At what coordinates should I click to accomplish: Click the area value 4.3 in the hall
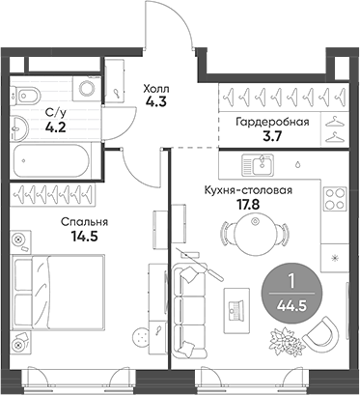pos(154,99)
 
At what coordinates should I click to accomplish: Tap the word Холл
pos(154,84)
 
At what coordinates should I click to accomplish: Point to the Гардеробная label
pos(271,122)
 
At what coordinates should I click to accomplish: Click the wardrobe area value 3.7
pos(271,137)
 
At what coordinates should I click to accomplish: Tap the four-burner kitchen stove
pos(334,200)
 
